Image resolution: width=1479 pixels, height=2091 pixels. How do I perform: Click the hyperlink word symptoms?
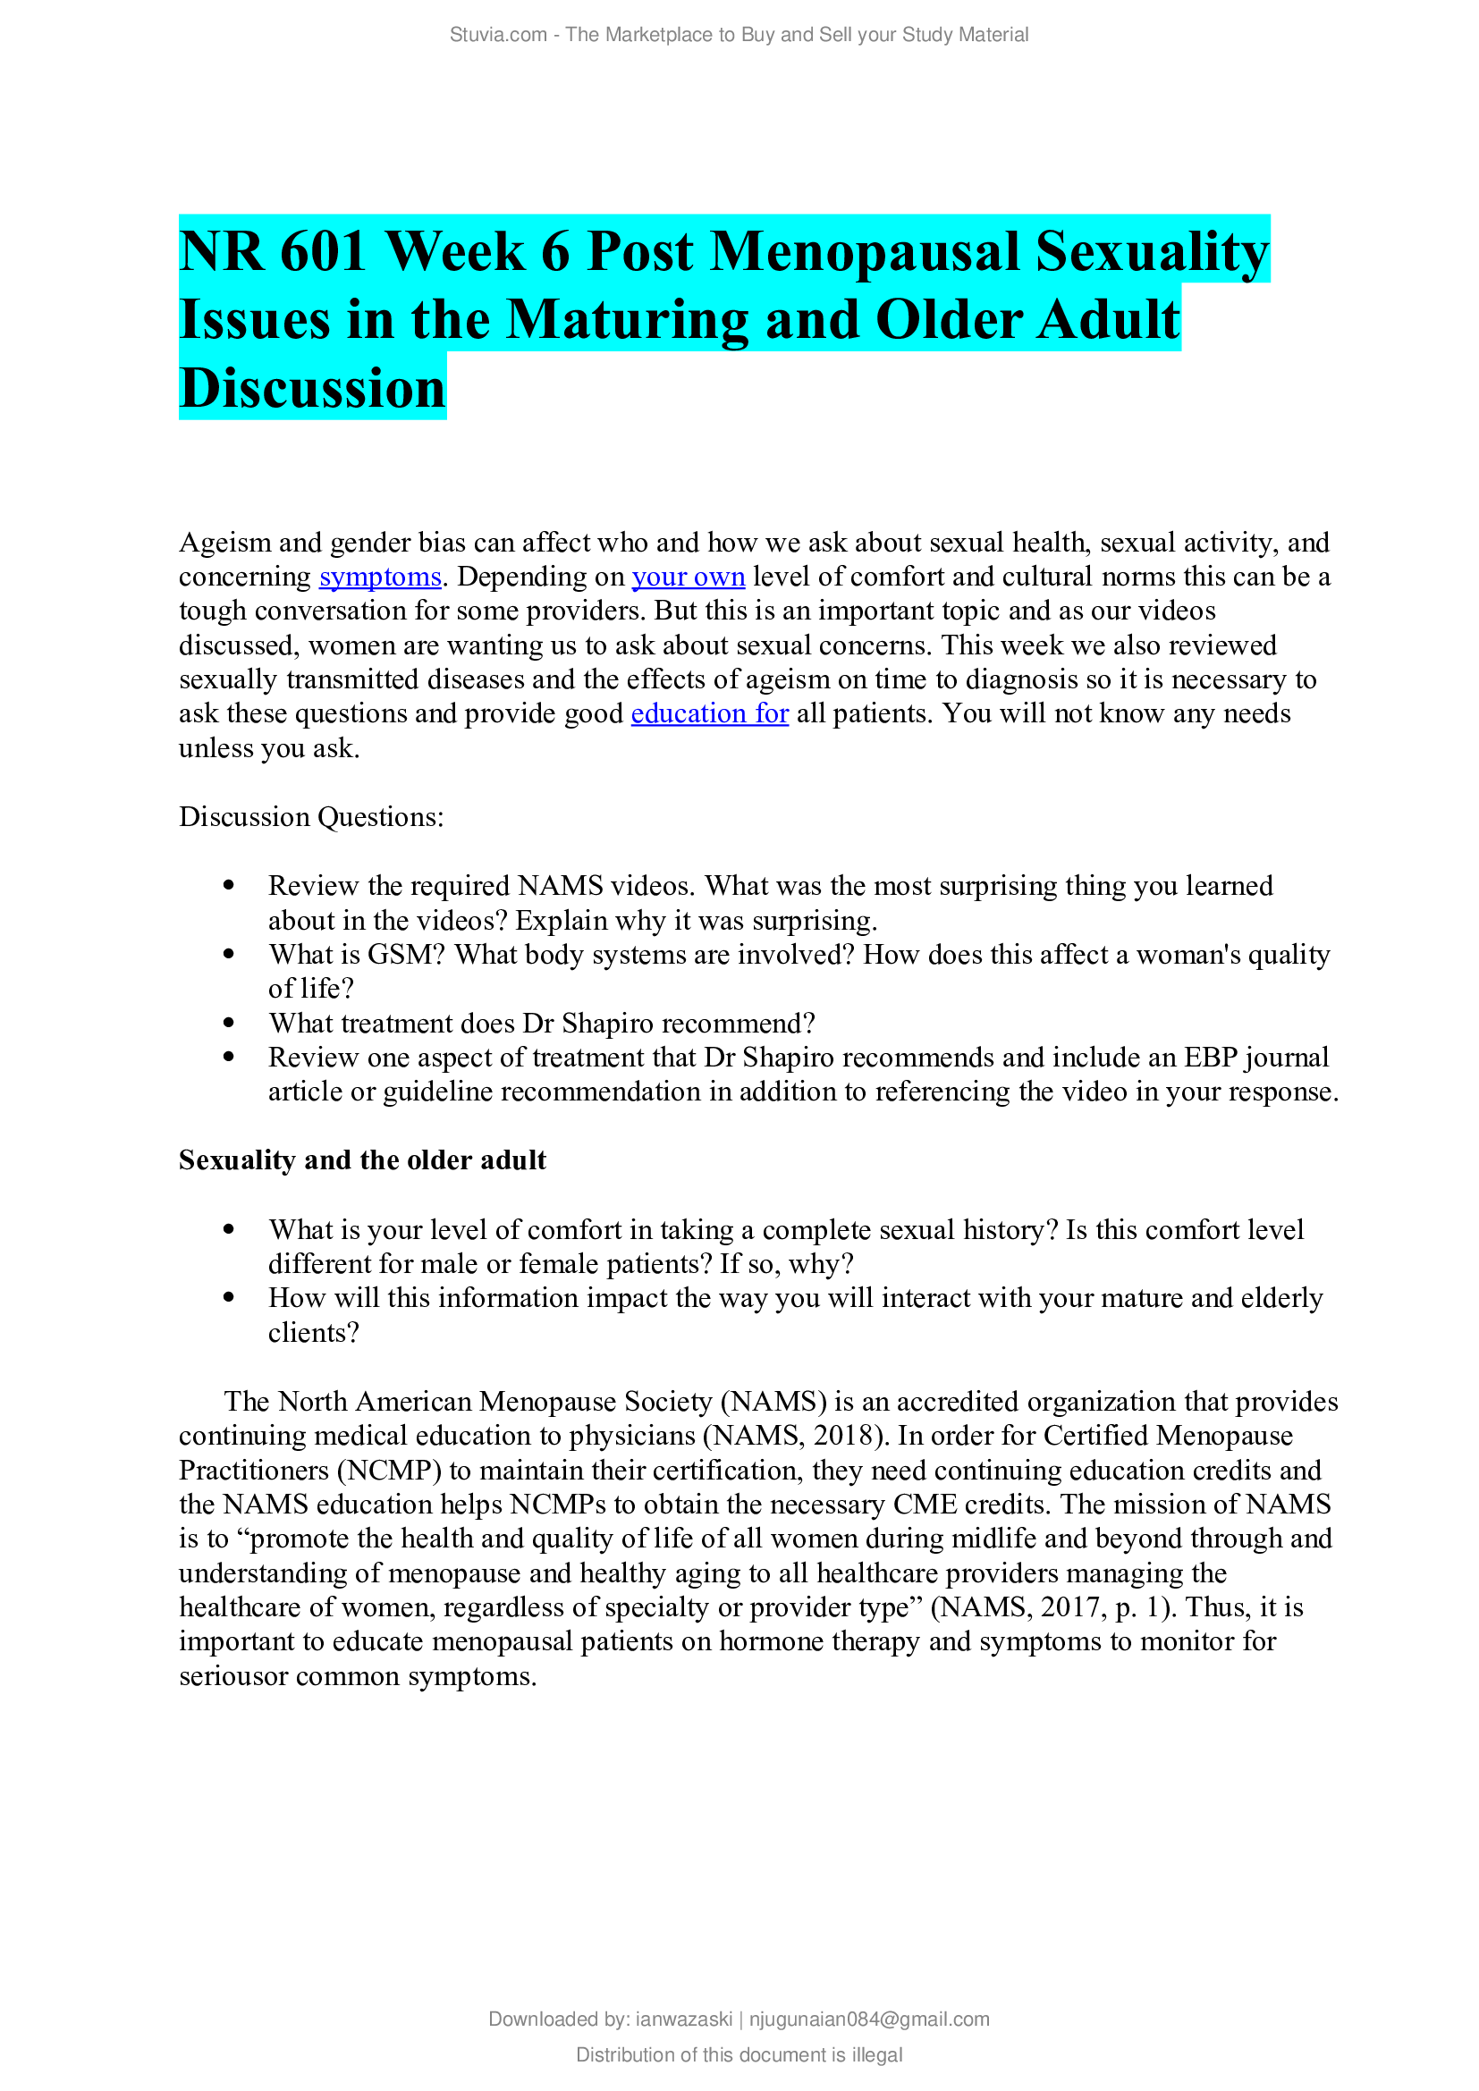[x=380, y=578]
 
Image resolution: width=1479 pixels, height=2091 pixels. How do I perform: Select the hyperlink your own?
[x=688, y=578]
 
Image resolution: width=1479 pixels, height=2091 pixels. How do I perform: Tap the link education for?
[x=708, y=714]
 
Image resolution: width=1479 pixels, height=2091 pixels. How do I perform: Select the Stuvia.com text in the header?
[x=497, y=35]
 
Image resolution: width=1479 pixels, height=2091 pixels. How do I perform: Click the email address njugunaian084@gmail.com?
[x=869, y=2019]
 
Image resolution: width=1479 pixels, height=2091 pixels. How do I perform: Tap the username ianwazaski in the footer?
[x=683, y=2019]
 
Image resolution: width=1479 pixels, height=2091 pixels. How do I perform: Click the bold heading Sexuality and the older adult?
[x=362, y=1160]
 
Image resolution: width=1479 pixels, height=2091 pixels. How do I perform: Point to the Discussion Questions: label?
[x=311, y=817]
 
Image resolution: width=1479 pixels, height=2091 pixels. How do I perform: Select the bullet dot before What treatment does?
[x=229, y=1023]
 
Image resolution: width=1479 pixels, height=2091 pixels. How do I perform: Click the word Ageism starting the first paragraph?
[x=225, y=543]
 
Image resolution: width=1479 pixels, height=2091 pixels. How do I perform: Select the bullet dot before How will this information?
[x=229, y=1298]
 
